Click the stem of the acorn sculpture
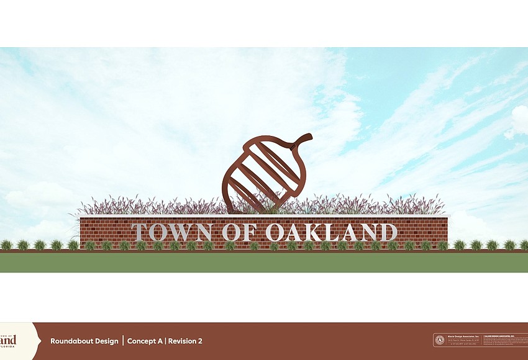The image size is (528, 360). click(303, 139)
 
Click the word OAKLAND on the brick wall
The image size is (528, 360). click(331, 232)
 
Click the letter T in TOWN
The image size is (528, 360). click(140, 232)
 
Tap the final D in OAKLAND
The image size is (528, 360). click(388, 232)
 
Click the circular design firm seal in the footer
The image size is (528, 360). click(440, 340)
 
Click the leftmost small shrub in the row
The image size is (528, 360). click(6, 245)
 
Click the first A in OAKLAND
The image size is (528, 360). click(296, 232)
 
